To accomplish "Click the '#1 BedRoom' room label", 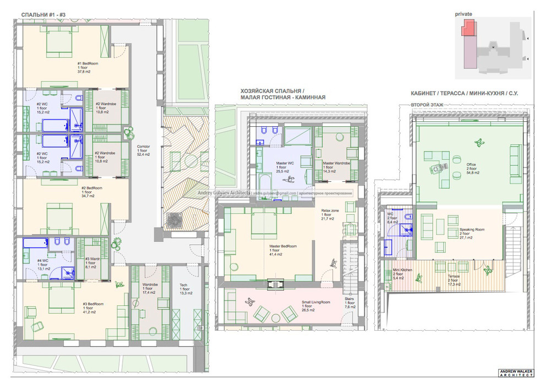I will coord(87,67).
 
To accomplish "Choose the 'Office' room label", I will coord(472,168).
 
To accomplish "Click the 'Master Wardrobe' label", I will coord(336,167).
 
